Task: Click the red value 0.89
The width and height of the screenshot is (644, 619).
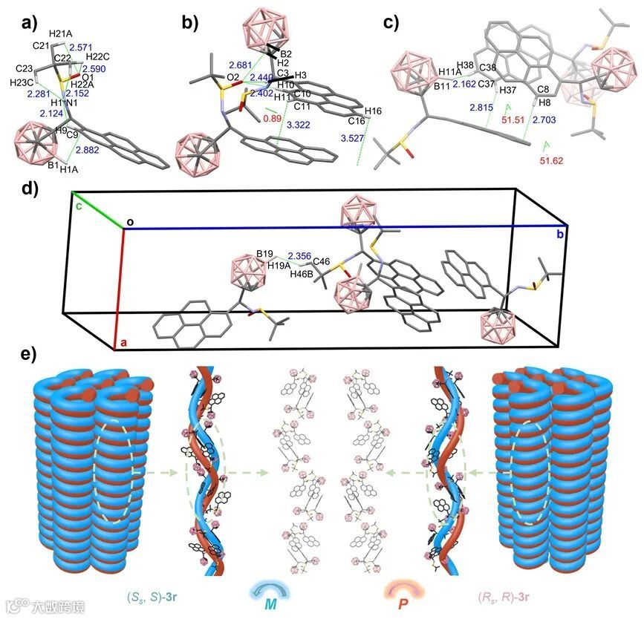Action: click(x=273, y=117)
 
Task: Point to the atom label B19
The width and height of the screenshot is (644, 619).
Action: click(x=266, y=253)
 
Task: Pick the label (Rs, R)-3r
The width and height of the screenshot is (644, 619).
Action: click(x=504, y=597)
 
